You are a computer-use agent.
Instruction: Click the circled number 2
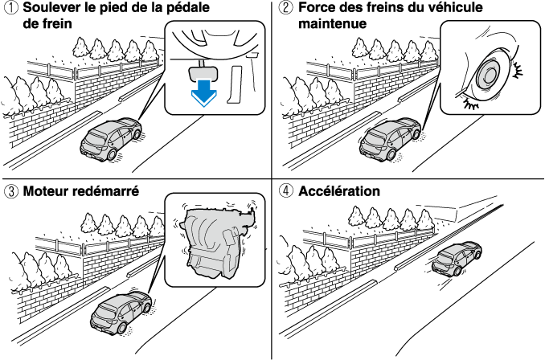coord(285,9)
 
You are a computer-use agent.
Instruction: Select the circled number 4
coord(285,192)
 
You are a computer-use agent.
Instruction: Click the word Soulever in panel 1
coord(51,9)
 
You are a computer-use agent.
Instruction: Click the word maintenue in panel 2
coord(333,23)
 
